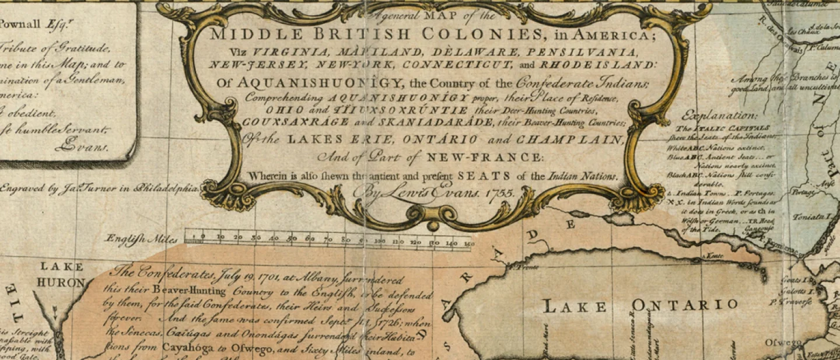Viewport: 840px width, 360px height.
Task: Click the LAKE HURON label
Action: point(61,274)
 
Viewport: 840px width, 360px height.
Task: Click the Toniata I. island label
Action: point(808,216)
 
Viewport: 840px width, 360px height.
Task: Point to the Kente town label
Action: point(715,256)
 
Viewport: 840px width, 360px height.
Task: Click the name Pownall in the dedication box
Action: point(20,24)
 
